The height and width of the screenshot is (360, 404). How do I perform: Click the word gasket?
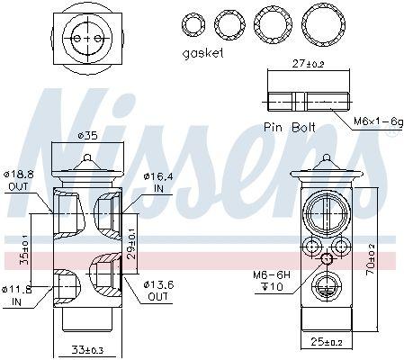[202, 54]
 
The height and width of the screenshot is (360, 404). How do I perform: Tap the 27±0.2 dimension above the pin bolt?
[308, 64]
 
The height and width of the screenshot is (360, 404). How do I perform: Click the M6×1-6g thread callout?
[379, 121]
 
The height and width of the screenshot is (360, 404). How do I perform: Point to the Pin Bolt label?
[290, 128]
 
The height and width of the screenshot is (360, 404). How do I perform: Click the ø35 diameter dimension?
[88, 136]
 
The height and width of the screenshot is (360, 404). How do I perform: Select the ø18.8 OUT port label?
[19, 180]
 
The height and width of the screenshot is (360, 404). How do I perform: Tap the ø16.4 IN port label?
[158, 183]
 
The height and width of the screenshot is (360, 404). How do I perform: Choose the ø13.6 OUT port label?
[158, 291]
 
